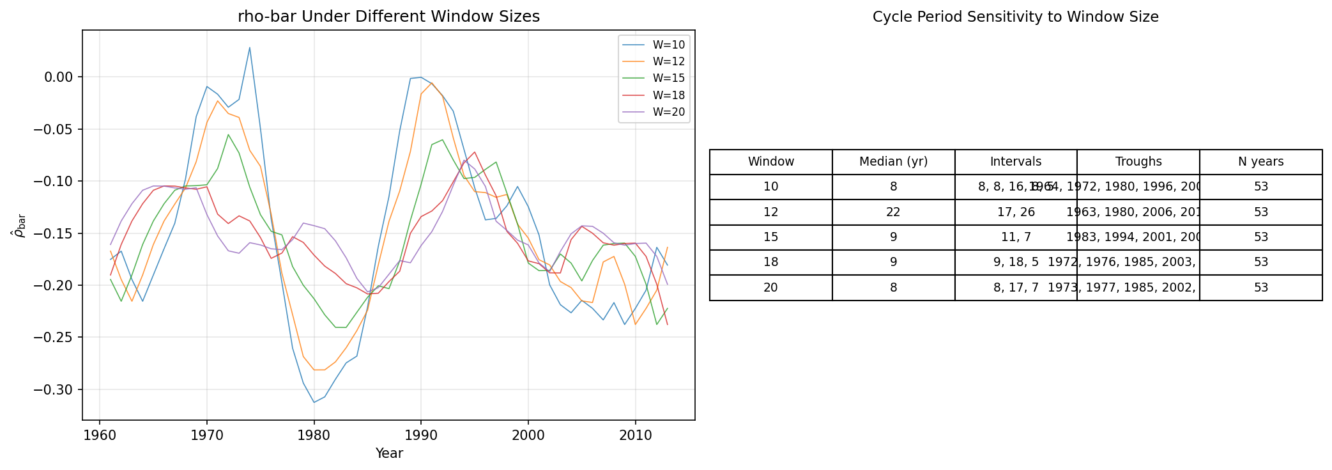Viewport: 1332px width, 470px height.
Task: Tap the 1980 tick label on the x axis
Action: point(314,436)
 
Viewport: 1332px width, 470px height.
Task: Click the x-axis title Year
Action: point(389,453)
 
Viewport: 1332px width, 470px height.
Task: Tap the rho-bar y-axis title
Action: point(19,226)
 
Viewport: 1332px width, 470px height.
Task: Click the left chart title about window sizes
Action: point(388,17)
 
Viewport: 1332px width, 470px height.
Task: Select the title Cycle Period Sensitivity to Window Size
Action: point(1015,17)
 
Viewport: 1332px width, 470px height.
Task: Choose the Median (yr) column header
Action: point(893,162)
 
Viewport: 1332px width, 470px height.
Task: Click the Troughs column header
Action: point(1138,162)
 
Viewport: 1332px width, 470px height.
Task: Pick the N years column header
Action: point(1260,162)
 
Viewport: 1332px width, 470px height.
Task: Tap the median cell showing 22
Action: point(893,212)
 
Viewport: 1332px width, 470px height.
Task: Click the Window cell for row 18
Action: point(770,262)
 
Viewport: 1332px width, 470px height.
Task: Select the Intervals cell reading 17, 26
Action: point(1016,212)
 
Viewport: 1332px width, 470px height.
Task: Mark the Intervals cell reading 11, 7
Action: point(1016,237)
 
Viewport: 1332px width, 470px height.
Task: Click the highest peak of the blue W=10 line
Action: point(250,47)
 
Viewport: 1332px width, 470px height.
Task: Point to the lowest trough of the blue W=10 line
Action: point(314,402)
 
